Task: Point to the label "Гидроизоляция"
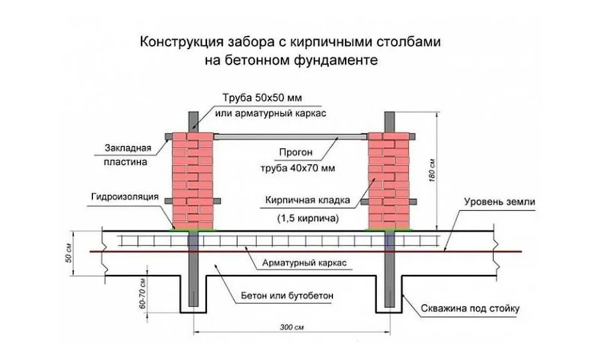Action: click(124, 196)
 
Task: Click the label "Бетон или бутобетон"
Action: click(287, 296)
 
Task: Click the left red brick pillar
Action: click(192, 180)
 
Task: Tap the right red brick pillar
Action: click(387, 180)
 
